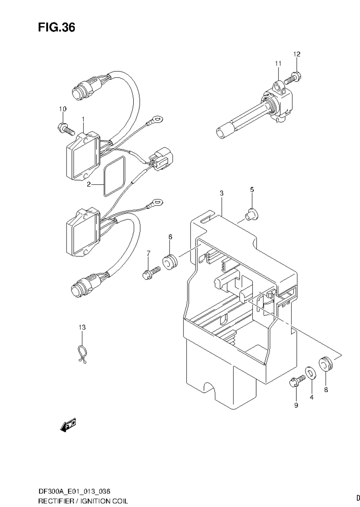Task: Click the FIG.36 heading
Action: (56, 28)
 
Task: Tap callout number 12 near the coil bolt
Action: (297, 55)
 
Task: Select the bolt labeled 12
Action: (291, 79)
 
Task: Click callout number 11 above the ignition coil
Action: (278, 63)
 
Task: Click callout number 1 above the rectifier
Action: (83, 118)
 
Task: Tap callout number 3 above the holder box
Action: (221, 193)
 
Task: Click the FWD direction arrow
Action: (68, 425)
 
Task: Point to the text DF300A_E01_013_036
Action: (77, 491)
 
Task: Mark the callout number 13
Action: (82, 327)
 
